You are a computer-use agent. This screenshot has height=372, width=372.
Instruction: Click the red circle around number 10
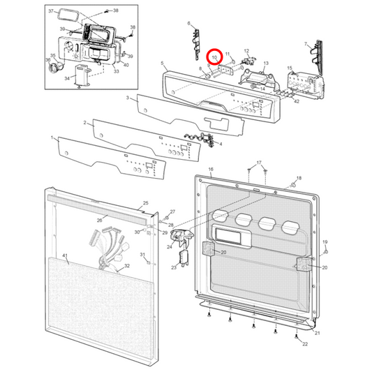point(214,56)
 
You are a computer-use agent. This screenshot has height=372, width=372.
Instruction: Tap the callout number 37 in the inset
point(50,13)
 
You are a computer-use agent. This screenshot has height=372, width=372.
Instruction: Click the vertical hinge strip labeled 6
point(193,38)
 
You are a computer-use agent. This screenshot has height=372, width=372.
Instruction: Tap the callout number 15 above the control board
point(290,68)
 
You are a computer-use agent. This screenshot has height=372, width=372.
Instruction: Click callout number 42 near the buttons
point(297,102)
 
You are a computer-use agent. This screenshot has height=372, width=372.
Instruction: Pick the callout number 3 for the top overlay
point(128,98)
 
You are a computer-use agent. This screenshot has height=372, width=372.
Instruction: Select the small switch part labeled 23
point(184,259)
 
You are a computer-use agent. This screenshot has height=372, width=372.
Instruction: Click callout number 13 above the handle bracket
point(265,64)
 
